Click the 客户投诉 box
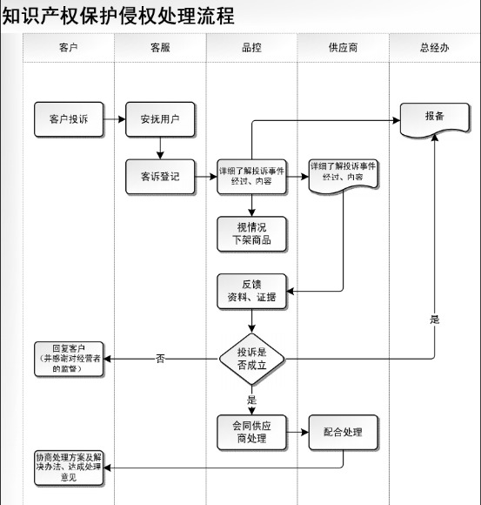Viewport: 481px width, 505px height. pyautogui.click(x=69, y=119)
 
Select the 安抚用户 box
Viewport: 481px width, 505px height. pyautogui.click(x=160, y=119)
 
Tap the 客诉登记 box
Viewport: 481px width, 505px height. pyautogui.click(x=160, y=177)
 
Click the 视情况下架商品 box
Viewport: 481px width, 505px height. pyautogui.click(x=251, y=234)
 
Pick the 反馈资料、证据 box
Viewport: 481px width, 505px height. pyautogui.click(x=251, y=291)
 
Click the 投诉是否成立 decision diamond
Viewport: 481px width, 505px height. pyautogui.click(x=251, y=359)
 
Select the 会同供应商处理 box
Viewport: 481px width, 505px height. pyautogui.click(x=251, y=432)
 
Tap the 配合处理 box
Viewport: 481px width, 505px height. pyautogui.click(x=343, y=432)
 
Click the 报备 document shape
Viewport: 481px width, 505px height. pyautogui.click(x=435, y=120)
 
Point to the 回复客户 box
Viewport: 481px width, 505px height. pyautogui.click(x=69, y=359)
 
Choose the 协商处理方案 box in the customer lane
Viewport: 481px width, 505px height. pyautogui.click(x=69, y=468)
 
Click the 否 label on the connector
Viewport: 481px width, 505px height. pyautogui.click(x=160, y=359)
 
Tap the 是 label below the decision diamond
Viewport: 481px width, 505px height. pyautogui.click(x=251, y=400)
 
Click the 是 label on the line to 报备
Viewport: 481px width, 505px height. pyautogui.click(x=435, y=320)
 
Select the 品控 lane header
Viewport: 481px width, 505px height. pyautogui.click(x=251, y=48)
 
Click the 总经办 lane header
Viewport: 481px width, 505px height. pyautogui.click(x=435, y=48)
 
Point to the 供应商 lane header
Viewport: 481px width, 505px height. pyautogui.click(x=343, y=48)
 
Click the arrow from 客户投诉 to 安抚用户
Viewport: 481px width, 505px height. pyautogui.click(x=115, y=119)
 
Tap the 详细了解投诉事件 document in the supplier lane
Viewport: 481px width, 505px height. pyautogui.click(x=343, y=177)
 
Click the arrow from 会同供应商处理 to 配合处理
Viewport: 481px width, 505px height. pyautogui.click(x=297, y=432)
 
